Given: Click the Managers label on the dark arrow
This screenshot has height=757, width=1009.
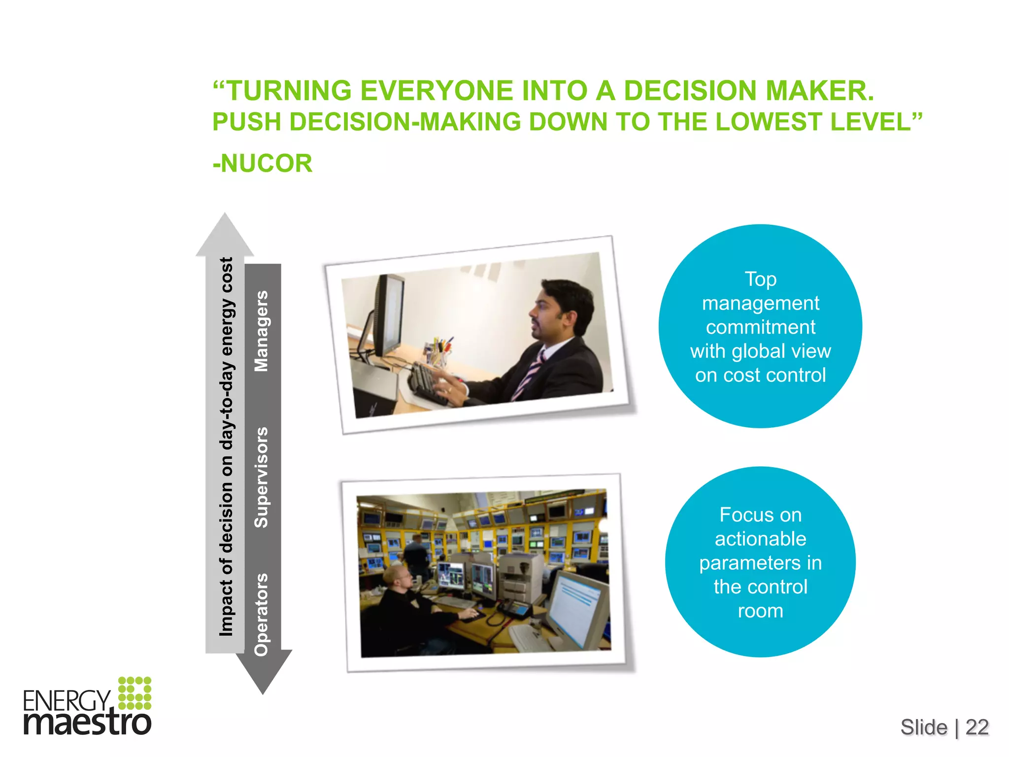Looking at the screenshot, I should [x=262, y=331].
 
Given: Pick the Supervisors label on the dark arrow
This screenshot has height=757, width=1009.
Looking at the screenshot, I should [x=262, y=477].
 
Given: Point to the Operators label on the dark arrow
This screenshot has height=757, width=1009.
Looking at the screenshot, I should [x=262, y=614].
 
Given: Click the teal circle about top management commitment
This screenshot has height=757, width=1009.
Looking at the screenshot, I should [x=760, y=326].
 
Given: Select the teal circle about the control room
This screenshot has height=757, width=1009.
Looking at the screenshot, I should [x=760, y=562].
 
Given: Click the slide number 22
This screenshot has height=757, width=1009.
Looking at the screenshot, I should [x=977, y=727].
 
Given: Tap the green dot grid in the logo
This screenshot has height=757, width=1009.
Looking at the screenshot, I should [x=135, y=693].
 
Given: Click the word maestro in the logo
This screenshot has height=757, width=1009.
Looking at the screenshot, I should [x=88, y=723].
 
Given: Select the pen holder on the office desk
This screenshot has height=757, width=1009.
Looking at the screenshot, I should [x=438, y=351].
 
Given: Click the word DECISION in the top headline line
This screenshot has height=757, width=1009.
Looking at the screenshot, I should [x=690, y=91].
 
